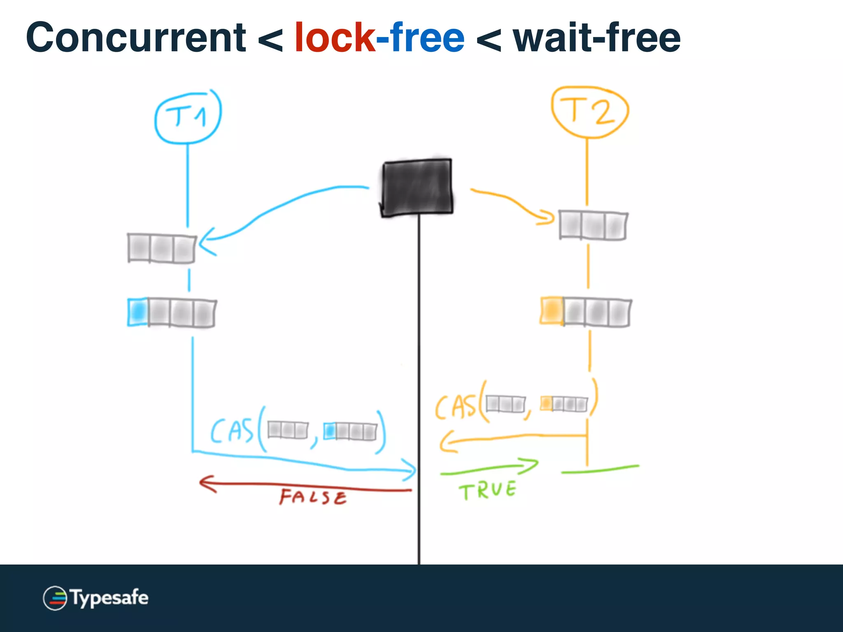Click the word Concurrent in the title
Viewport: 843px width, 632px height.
point(136,38)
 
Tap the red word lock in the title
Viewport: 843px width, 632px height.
point(334,38)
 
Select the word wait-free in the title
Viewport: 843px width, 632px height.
point(597,38)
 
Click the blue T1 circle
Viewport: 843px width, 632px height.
point(188,117)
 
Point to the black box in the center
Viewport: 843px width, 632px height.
point(417,187)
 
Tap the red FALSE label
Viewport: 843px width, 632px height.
point(313,497)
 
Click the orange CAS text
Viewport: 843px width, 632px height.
point(455,407)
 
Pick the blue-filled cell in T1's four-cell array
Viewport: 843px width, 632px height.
point(137,312)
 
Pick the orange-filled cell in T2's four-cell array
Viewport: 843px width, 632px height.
point(552,310)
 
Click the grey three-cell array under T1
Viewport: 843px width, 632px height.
point(161,248)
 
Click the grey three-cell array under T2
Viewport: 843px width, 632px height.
point(593,225)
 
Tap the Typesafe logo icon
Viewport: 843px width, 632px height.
point(55,598)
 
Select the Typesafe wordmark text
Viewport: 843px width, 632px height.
point(109,598)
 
